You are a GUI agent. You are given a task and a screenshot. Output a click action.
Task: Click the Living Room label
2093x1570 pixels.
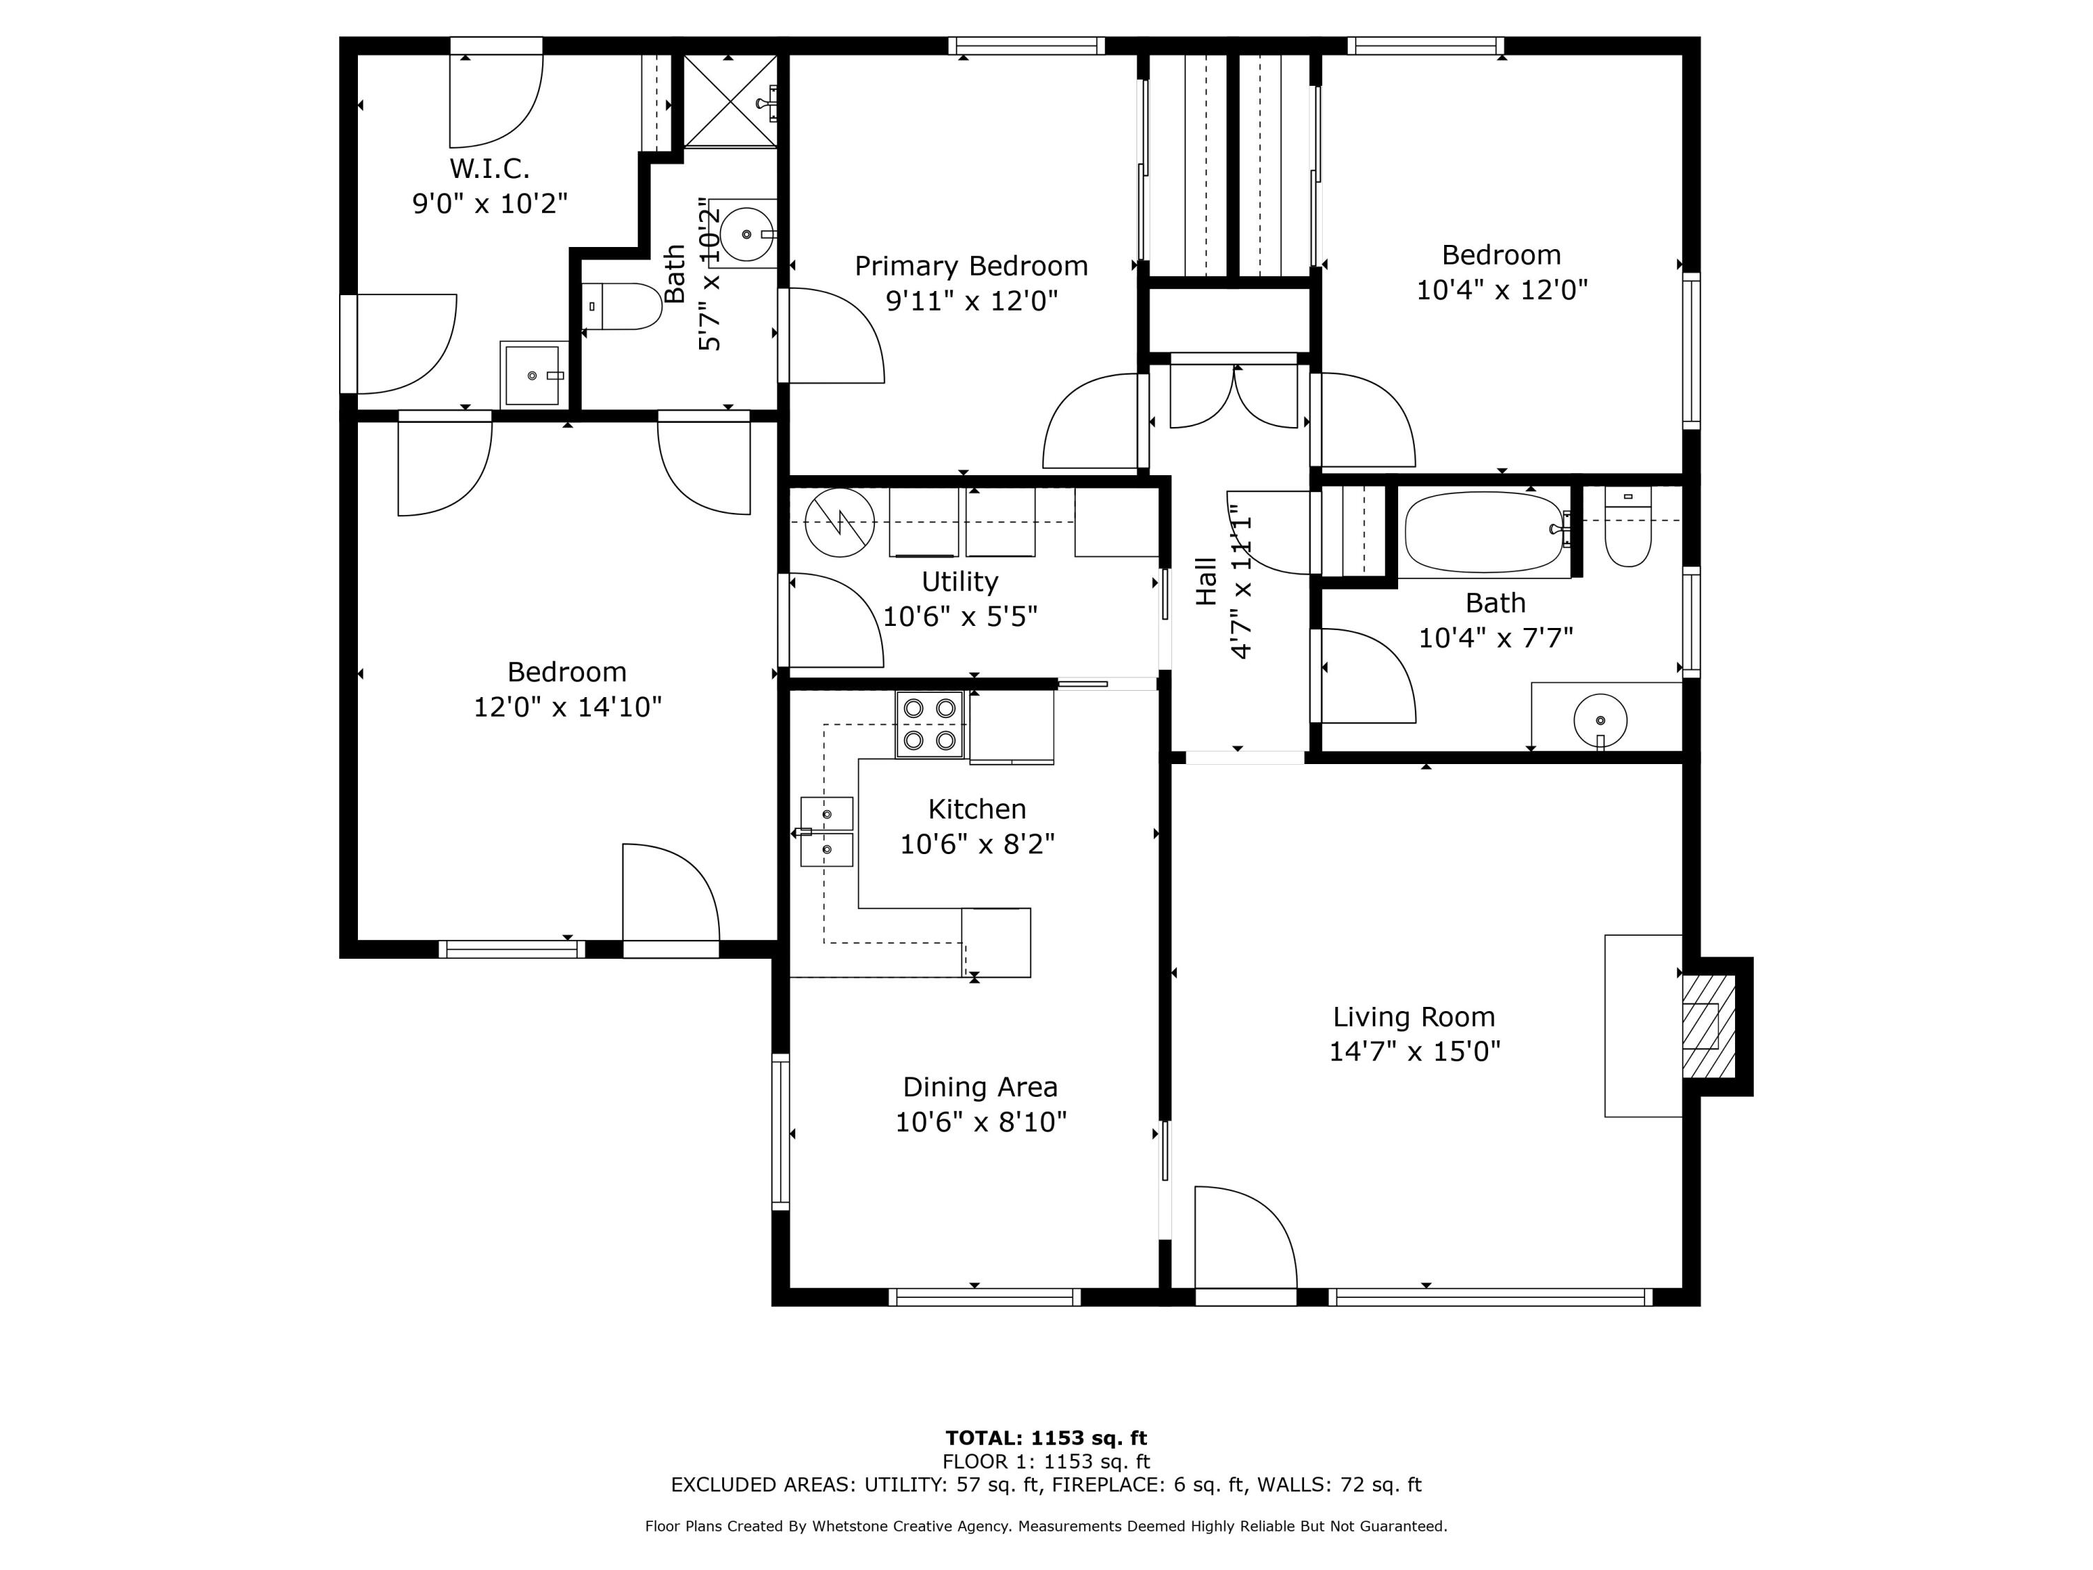[x=1413, y=1017]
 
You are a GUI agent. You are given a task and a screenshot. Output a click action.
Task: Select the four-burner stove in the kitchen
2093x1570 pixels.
[x=929, y=724]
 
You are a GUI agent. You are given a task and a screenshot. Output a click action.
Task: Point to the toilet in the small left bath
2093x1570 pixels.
[x=624, y=306]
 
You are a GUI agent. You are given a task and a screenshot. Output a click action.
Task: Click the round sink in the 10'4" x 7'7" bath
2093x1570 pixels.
[x=1600, y=720]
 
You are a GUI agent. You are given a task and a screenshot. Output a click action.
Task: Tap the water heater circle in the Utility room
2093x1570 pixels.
[x=839, y=521]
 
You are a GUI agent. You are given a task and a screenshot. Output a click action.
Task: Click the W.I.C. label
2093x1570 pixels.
[x=489, y=168]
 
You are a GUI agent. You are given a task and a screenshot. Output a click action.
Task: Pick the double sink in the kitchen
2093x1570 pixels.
[x=826, y=832]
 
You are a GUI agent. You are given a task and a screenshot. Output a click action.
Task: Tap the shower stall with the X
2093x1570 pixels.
[x=730, y=100]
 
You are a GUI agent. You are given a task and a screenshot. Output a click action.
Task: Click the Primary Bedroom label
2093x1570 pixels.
[x=971, y=266]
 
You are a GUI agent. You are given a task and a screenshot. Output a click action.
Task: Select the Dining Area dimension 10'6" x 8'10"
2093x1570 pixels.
[x=980, y=1121]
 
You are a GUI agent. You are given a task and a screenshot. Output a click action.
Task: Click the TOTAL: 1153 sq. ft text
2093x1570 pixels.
[x=1046, y=1438]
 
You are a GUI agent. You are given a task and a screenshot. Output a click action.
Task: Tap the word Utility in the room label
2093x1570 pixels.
[x=959, y=581]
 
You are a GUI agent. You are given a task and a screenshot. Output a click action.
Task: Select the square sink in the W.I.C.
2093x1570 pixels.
[x=533, y=375]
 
